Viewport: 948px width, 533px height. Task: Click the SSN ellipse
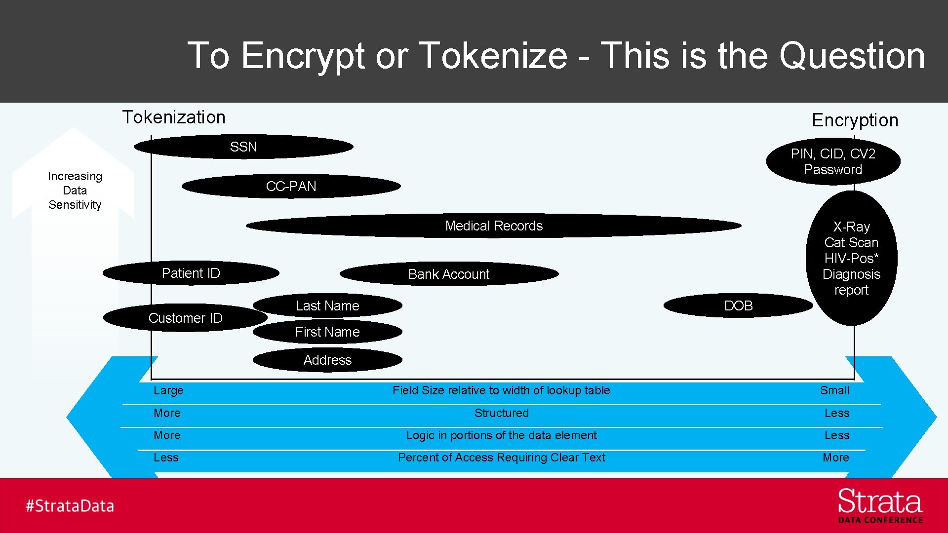pyautogui.click(x=243, y=147)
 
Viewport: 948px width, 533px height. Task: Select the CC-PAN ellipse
pyautogui.click(x=291, y=186)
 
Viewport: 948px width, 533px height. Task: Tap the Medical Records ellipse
pyautogui.click(x=494, y=226)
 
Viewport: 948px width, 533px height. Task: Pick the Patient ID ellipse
pyautogui.click(x=191, y=273)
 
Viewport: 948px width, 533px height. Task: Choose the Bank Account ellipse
pyautogui.click(x=449, y=274)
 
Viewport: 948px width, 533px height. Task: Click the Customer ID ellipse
pyautogui.click(x=185, y=318)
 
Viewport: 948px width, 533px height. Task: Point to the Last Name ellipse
pyautogui.click(x=327, y=305)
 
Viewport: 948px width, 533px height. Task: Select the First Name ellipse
pyautogui.click(x=327, y=332)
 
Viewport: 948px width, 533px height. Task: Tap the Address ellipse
pyautogui.click(x=327, y=360)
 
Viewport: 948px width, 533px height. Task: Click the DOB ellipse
pyautogui.click(x=738, y=305)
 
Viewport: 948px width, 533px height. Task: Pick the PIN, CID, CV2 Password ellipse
pyautogui.click(x=833, y=161)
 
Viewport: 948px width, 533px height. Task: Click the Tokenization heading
pyautogui.click(x=174, y=117)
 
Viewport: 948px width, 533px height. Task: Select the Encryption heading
pyautogui.click(x=855, y=120)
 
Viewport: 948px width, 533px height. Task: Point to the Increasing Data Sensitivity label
pyautogui.click(x=75, y=190)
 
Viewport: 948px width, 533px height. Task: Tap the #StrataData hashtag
pyautogui.click(x=70, y=506)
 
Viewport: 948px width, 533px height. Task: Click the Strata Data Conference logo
pyautogui.click(x=880, y=506)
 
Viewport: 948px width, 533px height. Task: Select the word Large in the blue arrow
pyautogui.click(x=168, y=390)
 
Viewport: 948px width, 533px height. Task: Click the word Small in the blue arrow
pyautogui.click(x=834, y=390)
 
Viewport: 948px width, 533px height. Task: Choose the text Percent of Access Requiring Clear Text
pyautogui.click(x=501, y=457)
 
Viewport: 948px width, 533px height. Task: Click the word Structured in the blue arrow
pyautogui.click(x=501, y=413)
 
